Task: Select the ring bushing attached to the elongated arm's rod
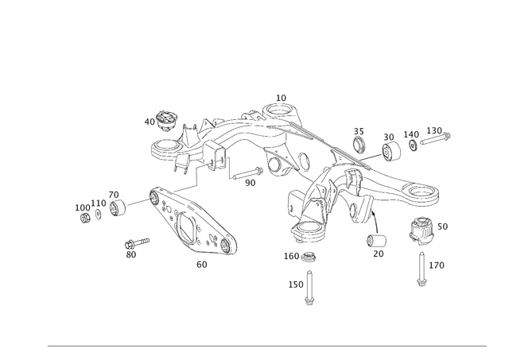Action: (x=116, y=205)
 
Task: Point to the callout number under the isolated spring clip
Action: (x=132, y=255)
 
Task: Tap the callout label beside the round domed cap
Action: (x=441, y=227)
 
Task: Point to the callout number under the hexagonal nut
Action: (x=379, y=254)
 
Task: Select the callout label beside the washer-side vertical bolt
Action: (x=295, y=283)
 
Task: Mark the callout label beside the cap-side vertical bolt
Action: (x=437, y=263)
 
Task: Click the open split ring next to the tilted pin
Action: (x=390, y=145)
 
